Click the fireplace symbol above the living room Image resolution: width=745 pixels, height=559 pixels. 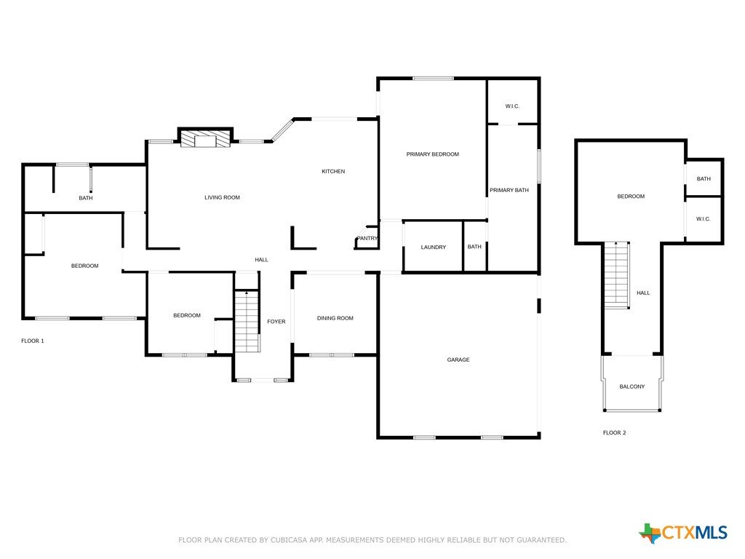pos(205,138)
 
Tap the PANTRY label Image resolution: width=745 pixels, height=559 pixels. pos(367,238)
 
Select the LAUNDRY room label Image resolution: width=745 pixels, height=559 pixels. pos(434,247)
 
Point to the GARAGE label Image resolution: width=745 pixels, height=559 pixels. pos(458,360)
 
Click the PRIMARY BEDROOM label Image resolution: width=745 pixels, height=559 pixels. pos(432,154)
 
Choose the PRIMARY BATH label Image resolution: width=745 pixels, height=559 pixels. pos(509,190)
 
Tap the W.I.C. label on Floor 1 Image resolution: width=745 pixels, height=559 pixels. pos(512,106)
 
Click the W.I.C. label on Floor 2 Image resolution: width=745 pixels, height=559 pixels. pos(704,218)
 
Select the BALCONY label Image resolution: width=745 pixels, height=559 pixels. pos(632,386)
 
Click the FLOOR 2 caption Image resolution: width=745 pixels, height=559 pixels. pos(614,432)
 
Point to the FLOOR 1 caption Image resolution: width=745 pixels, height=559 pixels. pos(33,341)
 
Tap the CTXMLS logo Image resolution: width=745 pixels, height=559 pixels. pos(683,533)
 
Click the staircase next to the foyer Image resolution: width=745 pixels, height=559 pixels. pos(247,321)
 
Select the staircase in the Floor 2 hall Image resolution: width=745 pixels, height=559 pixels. pos(617,274)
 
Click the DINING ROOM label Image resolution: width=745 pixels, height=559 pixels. pos(335,318)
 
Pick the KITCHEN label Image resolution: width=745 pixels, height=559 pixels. pos(333,171)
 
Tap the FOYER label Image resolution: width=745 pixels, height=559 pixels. pos(276,322)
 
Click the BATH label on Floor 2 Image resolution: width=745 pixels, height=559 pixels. pos(704,179)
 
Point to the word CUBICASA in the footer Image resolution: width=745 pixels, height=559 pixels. pos(290,540)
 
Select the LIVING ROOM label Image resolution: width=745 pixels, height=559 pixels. pos(222,197)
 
